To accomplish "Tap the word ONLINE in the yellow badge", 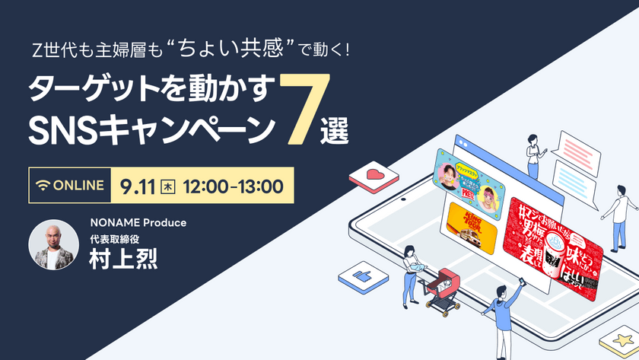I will (78, 186).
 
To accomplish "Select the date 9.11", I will (137, 186).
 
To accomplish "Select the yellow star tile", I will (618, 340).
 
